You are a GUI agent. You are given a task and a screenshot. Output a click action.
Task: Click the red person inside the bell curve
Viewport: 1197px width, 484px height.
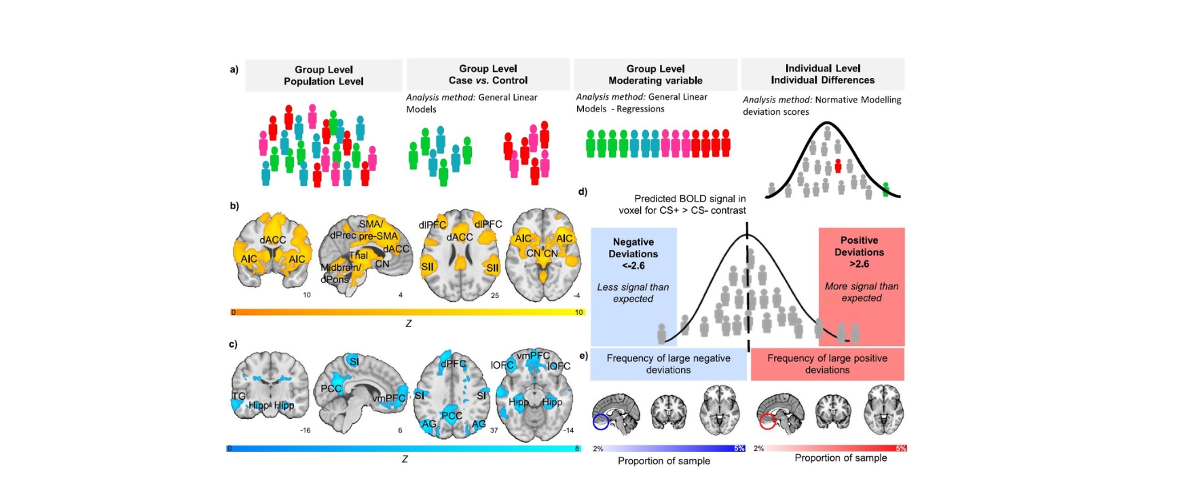pos(838,166)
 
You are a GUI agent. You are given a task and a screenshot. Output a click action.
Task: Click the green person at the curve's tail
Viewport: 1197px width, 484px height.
pos(885,189)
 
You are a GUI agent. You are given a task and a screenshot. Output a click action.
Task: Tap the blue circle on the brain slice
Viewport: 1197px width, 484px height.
pos(600,422)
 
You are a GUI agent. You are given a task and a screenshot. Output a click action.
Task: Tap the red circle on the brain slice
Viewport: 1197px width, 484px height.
pos(767,422)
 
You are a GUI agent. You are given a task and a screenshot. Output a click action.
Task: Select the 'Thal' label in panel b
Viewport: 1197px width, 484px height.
pos(358,255)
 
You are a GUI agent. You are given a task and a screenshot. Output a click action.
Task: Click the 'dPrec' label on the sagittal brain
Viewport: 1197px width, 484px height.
pos(343,236)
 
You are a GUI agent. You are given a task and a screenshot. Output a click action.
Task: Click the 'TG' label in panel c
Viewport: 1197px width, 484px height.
pos(238,396)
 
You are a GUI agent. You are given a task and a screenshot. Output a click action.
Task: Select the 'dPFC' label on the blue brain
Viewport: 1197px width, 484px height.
pos(453,364)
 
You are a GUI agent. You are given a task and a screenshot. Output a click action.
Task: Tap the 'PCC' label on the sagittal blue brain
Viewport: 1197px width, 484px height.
pos(331,389)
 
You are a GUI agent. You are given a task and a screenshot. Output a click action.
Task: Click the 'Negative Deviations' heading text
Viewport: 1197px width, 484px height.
pos(633,253)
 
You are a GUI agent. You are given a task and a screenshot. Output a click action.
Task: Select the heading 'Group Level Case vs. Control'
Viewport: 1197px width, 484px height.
pos(487,74)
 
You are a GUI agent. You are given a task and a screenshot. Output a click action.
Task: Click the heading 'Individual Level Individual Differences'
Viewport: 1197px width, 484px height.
pos(822,74)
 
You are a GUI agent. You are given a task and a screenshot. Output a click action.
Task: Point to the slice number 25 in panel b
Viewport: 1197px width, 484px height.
pos(495,295)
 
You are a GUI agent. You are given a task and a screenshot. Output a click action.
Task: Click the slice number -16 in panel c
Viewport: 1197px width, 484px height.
pos(305,430)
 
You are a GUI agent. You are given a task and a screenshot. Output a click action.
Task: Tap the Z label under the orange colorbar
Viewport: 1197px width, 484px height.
pos(408,324)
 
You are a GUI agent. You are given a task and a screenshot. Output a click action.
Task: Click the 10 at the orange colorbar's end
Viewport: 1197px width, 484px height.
pos(578,312)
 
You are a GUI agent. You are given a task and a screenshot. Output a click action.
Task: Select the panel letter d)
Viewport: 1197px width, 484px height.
pos(583,192)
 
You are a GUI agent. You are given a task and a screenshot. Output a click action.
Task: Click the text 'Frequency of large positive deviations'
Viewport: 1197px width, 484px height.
pos(827,364)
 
